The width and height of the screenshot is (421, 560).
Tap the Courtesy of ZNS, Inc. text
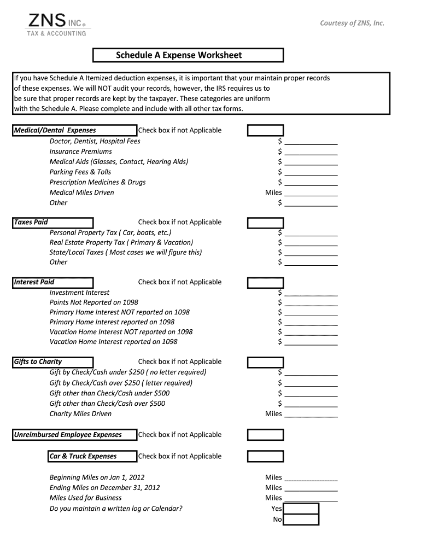pos(352,23)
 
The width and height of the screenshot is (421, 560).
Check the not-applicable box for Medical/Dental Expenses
pos(265,131)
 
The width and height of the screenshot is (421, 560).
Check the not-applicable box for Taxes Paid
pos(265,223)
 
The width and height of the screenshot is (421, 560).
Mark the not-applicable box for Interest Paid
pos(265,283)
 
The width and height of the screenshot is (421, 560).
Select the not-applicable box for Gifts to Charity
pos(265,362)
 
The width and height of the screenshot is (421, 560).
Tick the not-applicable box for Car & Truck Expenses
pos(265,456)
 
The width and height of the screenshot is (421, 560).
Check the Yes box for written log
pos(301,509)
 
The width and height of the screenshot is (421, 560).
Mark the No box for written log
pos(301,520)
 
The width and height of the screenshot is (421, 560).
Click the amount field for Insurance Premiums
pos(311,152)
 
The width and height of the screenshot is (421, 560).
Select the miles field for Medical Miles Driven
pos(311,193)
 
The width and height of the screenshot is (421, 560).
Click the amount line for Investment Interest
pos(311,293)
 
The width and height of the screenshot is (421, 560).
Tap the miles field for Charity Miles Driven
pos(311,415)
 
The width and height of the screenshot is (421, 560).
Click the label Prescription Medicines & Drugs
pos(97,182)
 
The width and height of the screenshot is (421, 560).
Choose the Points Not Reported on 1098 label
pos(93,302)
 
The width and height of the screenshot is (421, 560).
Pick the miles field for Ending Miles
pos(311,488)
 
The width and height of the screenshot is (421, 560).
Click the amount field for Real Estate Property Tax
pos(311,243)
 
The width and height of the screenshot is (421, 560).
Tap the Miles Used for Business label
pos(85,498)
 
